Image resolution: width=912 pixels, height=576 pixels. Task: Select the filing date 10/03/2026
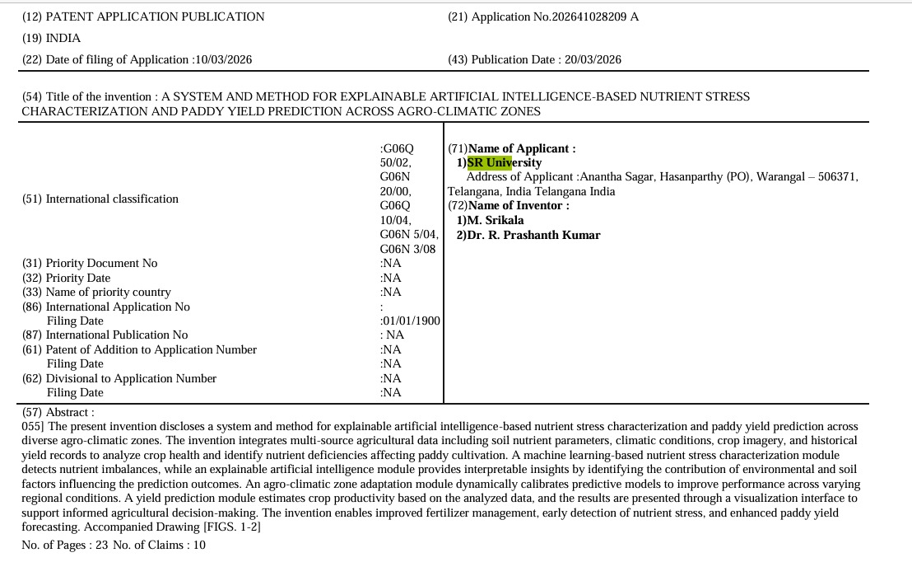coord(222,59)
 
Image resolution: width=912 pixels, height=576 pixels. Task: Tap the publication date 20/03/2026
coord(593,59)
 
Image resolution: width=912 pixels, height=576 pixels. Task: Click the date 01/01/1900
coord(410,321)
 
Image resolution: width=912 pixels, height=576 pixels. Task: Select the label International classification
coord(112,199)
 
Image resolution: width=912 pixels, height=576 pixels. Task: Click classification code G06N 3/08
coord(407,249)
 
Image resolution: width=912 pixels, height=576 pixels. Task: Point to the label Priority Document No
coord(101,263)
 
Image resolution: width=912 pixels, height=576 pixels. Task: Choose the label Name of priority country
coord(108,292)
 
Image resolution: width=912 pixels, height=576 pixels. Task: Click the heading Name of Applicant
coord(521,148)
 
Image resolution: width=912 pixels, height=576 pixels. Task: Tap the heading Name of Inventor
coord(518,205)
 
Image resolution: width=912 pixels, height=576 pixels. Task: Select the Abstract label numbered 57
coord(58,412)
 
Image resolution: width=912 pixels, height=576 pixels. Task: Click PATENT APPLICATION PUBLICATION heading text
coord(155,16)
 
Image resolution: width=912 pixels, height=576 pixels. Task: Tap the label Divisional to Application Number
coord(131,378)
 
